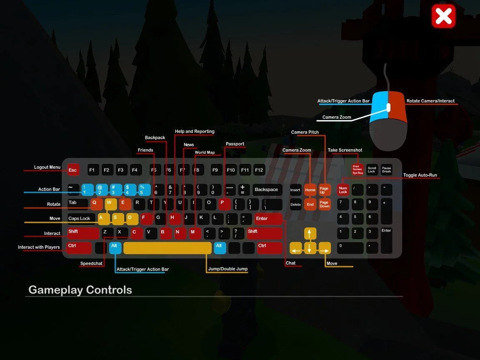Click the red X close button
(443, 16)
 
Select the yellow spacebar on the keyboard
(167, 247)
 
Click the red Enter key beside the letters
(268, 219)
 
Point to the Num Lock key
(343, 190)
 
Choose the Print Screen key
(357, 169)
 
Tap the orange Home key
(310, 190)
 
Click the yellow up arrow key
(310, 233)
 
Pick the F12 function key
(259, 170)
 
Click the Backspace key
(267, 190)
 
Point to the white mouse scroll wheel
(388, 107)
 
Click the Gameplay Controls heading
(80, 290)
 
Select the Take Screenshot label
(345, 150)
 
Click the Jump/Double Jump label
(227, 269)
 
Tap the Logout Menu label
(47, 167)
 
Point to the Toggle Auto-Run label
(420, 175)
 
